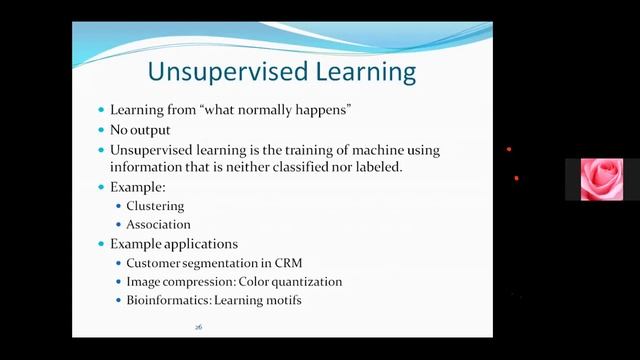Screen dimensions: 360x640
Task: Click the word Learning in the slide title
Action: pos(352,72)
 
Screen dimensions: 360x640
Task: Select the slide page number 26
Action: pos(199,327)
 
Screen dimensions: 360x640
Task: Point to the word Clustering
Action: pos(155,206)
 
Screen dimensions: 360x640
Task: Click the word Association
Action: pos(158,224)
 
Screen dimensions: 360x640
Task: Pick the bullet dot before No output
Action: pos(100,130)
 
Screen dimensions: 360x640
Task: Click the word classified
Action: pos(293,167)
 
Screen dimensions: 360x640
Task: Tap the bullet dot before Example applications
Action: pos(100,244)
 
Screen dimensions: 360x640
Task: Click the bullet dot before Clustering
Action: pos(117,206)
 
